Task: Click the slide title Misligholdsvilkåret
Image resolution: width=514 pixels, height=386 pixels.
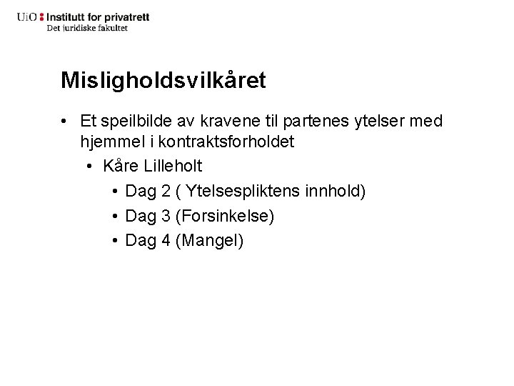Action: (x=163, y=80)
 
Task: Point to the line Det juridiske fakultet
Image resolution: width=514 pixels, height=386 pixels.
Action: (x=87, y=28)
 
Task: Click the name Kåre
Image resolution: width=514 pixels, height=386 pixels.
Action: (x=121, y=167)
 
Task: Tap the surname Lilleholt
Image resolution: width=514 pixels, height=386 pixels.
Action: (x=172, y=167)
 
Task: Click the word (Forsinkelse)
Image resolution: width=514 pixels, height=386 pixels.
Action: (x=225, y=215)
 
